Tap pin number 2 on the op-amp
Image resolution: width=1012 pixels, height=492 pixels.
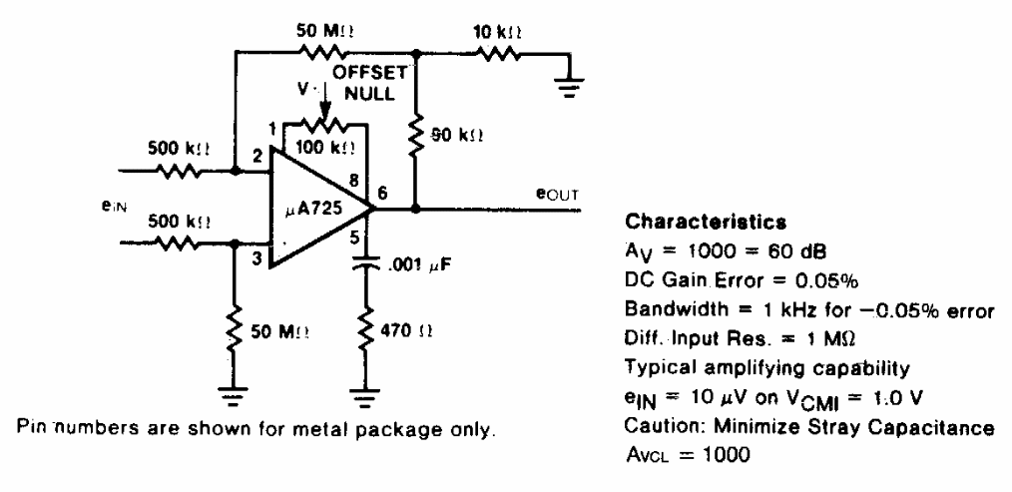click(257, 157)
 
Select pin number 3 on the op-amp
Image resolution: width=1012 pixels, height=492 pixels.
click(257, 260)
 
